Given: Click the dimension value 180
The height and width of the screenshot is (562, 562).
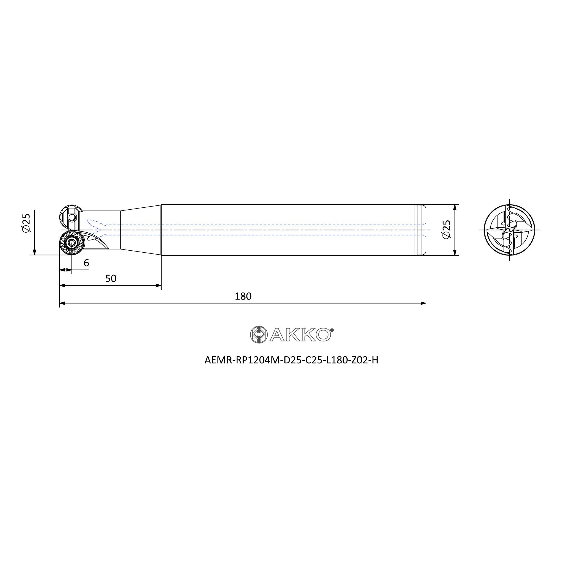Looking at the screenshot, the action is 243,296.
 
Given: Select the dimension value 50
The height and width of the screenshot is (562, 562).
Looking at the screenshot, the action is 110,279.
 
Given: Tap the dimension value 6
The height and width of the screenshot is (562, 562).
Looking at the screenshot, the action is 86,263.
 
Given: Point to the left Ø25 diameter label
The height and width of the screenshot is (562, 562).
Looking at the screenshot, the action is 26,223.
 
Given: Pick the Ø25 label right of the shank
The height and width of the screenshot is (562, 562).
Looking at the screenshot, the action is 447,230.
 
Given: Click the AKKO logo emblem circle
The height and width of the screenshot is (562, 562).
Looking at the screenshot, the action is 259,334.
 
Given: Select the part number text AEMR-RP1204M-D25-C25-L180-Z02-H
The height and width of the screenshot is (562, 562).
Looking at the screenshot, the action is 291,360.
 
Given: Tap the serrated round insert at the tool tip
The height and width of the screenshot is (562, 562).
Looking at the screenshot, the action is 72,242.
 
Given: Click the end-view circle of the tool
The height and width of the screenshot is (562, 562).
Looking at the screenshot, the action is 509,230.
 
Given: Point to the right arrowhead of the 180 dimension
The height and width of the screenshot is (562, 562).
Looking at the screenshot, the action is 423,303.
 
